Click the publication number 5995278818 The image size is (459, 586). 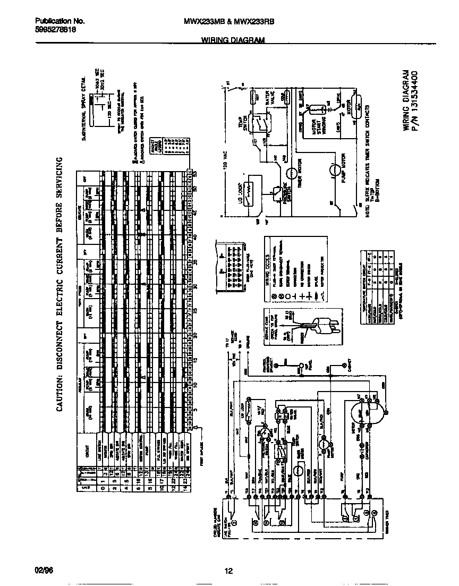pyautogui.click(x=55, y=30)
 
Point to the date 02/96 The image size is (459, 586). pyautogui.click(x=44, y=571)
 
